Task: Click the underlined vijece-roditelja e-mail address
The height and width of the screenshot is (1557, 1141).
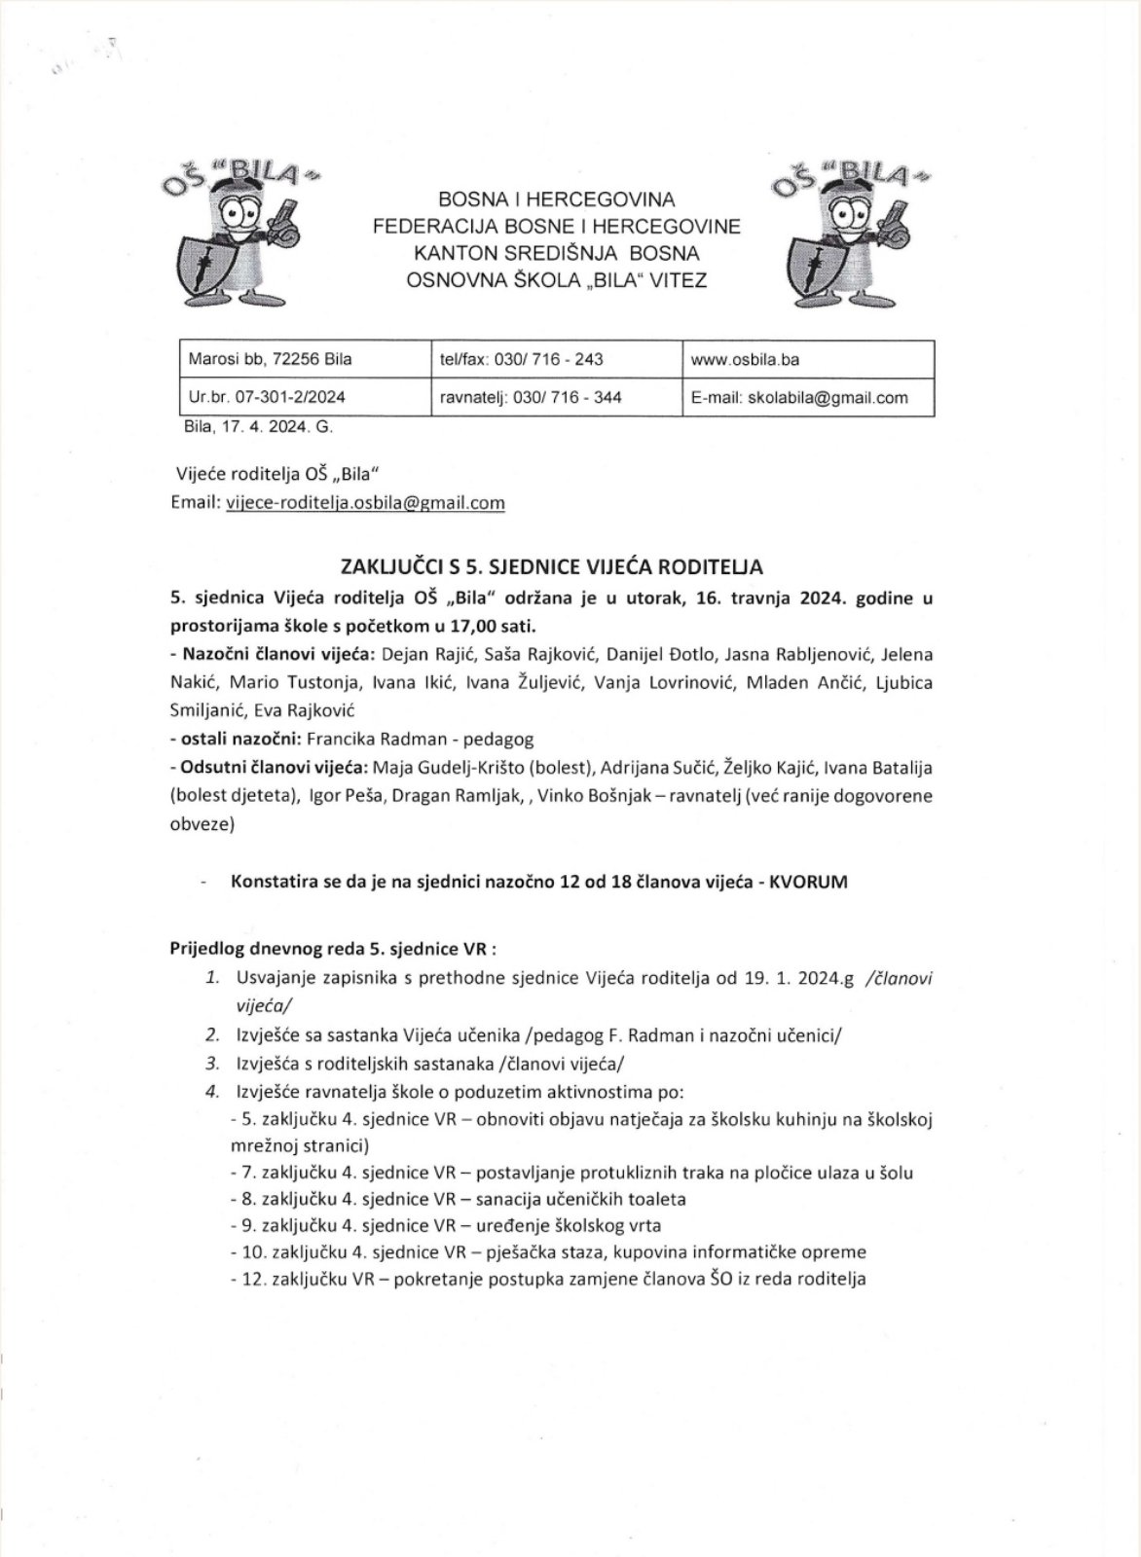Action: (x=365, y=503)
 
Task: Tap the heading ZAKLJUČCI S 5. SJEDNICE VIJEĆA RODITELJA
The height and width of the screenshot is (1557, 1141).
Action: (x=551, y=565)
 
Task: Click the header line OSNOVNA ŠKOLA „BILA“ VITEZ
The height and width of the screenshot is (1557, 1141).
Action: (x=558, y=280)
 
